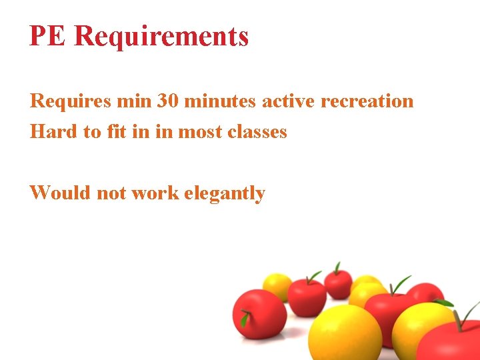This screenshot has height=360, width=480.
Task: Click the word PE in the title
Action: tap(48, 36)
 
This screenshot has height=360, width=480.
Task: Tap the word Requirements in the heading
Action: tap(161, 36)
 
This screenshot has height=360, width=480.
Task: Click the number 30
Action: tap(167, 101)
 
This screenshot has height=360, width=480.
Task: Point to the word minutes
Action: tap(220, 101)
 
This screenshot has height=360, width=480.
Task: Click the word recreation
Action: tap(367, 101)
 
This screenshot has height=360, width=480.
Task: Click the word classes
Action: tap(257, 131)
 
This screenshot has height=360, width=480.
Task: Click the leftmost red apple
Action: tap(259, 313)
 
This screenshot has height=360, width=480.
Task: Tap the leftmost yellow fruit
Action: tap(277, 286)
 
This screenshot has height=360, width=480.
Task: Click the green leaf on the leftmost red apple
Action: tap(245, 319)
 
